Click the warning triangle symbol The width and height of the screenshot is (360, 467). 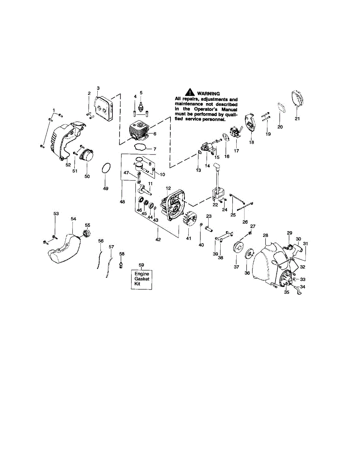coord(190,93)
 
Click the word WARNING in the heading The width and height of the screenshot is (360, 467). coord(209,93)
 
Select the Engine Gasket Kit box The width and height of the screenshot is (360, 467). coord(141,279)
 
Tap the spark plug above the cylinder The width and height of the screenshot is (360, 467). coord(141,104)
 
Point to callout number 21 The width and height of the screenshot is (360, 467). coord(297,119)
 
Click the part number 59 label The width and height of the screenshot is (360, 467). coord(141,265)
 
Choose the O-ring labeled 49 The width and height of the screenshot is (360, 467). coord(105,170)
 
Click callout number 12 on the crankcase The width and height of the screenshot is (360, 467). coord(168,188)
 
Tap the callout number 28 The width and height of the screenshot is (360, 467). coord(265,235)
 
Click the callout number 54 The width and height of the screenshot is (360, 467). coord(73,219)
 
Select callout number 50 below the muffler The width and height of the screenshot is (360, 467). coord(87,176)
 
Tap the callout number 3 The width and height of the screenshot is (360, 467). coord(98,88)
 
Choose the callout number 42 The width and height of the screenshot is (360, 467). coord(158,240)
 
